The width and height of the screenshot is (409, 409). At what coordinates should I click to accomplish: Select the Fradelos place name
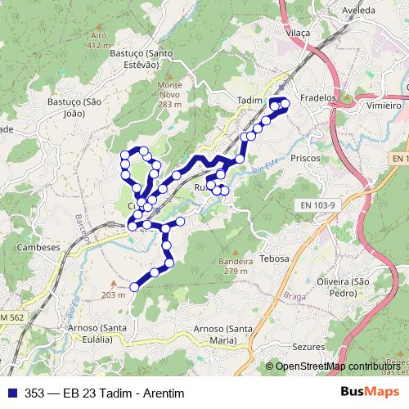coord(319,97)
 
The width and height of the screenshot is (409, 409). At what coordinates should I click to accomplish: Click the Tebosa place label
coord(274,258)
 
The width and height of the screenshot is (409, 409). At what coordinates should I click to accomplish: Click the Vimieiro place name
coord(384,106)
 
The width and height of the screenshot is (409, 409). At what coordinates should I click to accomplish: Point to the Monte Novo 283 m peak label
coord(169,94)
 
